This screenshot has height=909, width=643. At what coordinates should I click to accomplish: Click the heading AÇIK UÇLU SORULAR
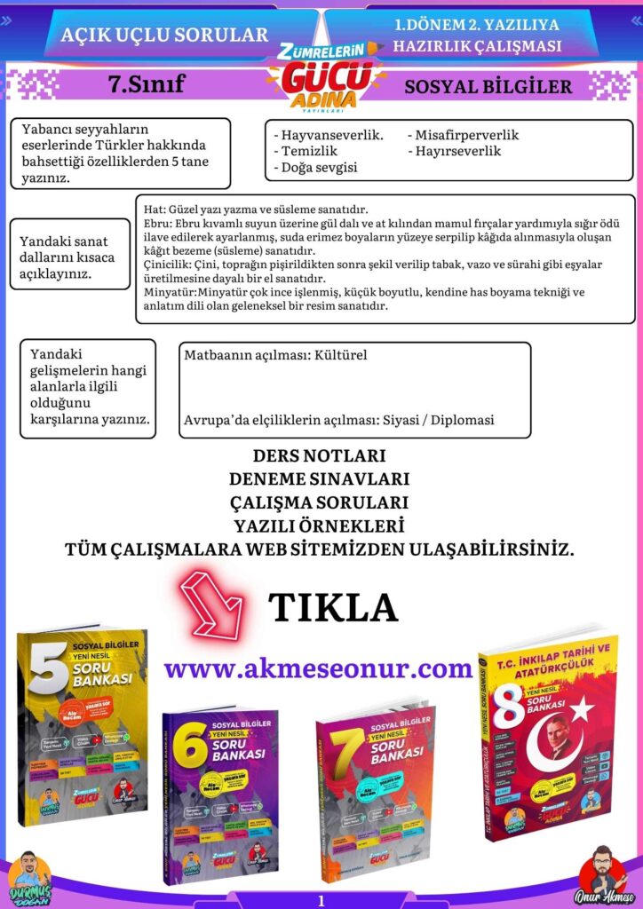click(x=164, y=36)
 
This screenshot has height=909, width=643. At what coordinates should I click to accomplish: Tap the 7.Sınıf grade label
click(x=146, y=84)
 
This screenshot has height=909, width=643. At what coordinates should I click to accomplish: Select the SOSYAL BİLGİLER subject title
click(x=488, y=87)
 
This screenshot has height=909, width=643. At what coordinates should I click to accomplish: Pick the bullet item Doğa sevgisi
click(x=318, y=167)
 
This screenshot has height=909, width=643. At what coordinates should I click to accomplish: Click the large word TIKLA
click(x=333, y=607)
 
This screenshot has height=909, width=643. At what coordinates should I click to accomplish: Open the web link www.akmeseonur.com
click(x=318, y=668)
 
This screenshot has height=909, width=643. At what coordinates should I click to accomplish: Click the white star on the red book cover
click(x=582, y=707)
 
